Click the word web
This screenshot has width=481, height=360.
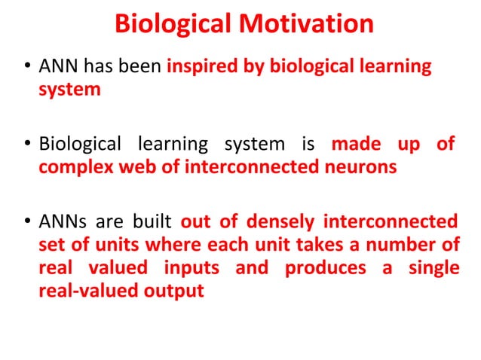(x=133, y=167)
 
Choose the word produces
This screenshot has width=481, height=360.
(x=321, y=269)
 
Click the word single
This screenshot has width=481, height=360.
(x=434, y=269)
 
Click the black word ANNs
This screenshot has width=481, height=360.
(x=61, y=222)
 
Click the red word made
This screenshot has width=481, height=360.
(x=355, y=143)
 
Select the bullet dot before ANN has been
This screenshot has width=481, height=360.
(x=28, y=68)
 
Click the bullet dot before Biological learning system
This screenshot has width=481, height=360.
(x=28, y=144)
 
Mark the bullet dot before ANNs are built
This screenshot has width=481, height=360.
(x=28, y=223)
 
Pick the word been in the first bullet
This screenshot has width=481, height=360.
(x=142, y=67)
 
